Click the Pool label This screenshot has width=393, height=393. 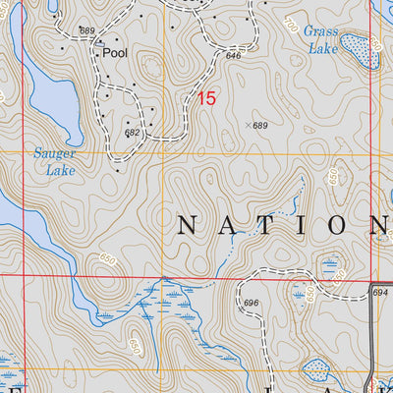point(115,55)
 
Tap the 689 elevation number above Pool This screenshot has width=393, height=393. point(87,31)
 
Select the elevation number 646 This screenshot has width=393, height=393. point(233,56)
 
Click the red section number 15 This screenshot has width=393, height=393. point(205,98)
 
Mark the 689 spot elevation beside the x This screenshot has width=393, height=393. point(260,126)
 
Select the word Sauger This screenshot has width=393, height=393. point(53,152)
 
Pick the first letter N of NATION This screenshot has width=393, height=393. point(188,225)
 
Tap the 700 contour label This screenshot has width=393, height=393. point(288,21)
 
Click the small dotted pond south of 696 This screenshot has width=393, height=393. point(317,369)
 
